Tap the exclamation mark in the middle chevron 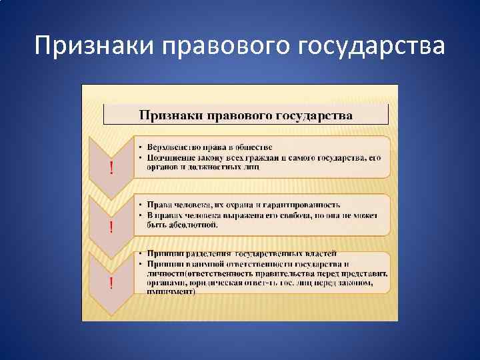coord(111,227)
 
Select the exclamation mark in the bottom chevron coord(111,283)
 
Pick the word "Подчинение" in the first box coord(166,157)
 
